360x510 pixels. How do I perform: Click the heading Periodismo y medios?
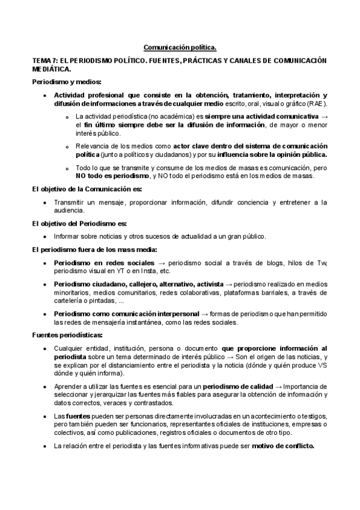pyautogui.click(x=67, y=81)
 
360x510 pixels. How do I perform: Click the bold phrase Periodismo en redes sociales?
pyautogui.click(x=104, y=263)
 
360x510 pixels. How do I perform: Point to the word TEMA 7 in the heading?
pyautogui.click(x=43, y=61)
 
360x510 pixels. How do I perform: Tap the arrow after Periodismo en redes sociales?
pyautogui.click(x=161, y=263)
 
